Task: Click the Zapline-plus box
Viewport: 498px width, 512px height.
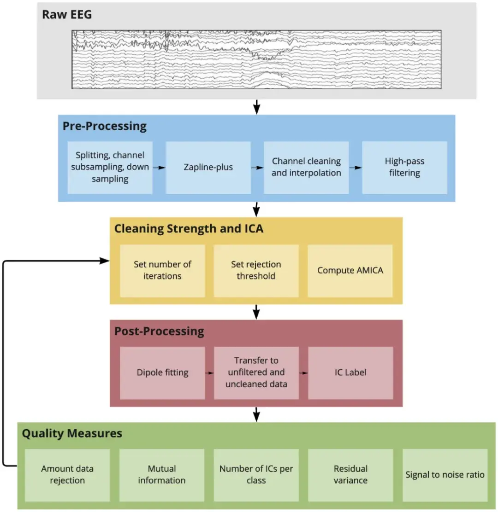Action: [208, 168]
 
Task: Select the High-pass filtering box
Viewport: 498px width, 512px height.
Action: [404, 168]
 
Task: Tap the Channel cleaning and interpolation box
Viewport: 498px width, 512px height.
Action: [306, 168]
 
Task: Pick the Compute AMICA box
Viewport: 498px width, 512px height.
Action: [350, 270]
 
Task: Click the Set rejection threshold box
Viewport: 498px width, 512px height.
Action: [256, 270]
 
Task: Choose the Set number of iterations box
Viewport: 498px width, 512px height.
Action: [162, 270]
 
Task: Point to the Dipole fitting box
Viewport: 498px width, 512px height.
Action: [162, 372]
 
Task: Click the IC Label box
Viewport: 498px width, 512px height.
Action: [350, 372]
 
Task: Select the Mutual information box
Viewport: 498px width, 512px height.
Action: [162, 475]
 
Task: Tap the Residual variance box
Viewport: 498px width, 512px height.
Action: [350, 475]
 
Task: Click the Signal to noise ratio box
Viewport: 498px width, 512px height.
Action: [445, 475]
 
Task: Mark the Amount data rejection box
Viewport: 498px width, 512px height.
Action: [67, 475]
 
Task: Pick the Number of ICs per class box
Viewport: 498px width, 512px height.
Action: [256, 475]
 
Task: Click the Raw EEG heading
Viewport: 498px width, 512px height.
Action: [67, 14]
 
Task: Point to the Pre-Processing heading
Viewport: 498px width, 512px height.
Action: [105, 126]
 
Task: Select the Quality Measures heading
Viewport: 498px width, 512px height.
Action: [72, 433]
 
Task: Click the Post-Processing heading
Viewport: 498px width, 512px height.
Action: [159, 331]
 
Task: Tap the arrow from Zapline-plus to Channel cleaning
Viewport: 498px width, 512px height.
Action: [257, 168]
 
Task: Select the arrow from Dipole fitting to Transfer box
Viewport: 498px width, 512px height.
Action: [209, 372]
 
